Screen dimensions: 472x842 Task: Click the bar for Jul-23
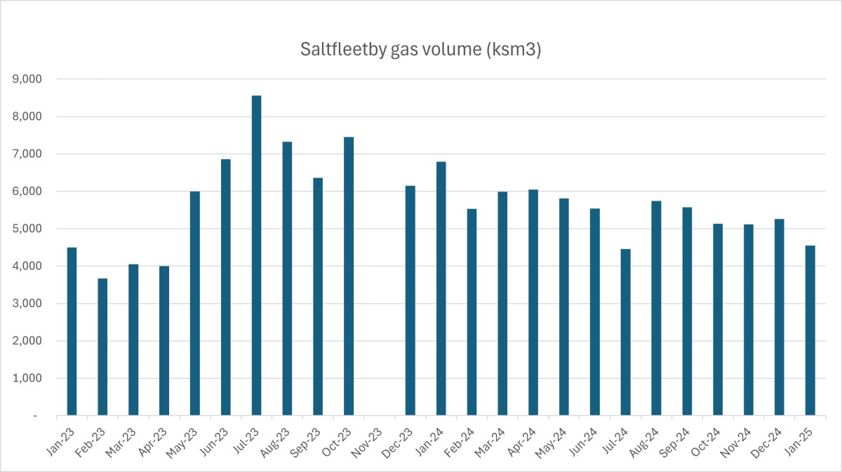(256, 255)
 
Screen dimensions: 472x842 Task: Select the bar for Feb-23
(102, 347)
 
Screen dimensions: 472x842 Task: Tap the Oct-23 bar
(349, 276)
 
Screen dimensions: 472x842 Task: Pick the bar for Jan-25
(810, 330)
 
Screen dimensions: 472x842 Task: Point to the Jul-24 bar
(625, 332)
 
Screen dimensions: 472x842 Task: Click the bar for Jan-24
(441, 289)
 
